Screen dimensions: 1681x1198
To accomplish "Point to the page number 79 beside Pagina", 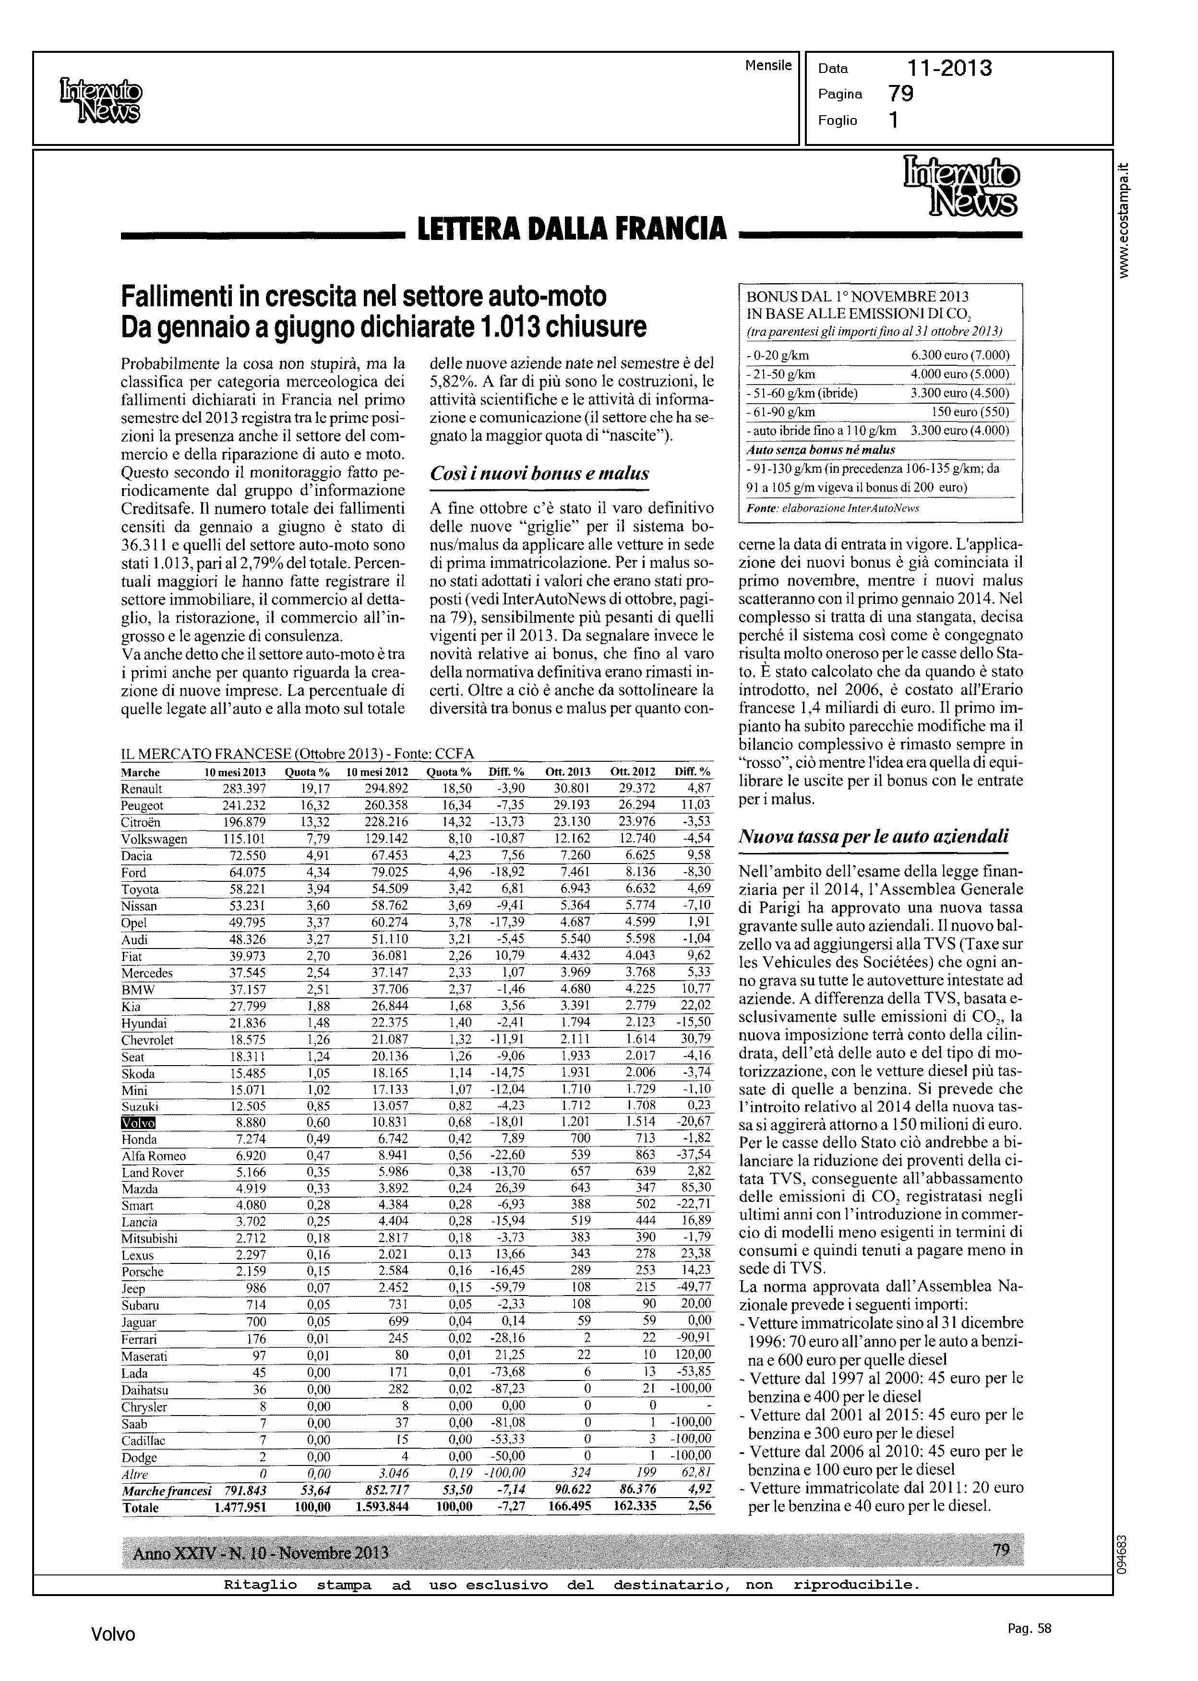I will pyautogui.click(x=901, y=94).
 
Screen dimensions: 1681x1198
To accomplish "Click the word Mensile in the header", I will pyautogui.click(x=768, y=65).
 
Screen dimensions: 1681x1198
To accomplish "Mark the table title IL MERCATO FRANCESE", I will pyautogui.click(x=206, y=754).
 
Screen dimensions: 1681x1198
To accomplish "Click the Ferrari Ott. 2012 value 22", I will pyautogui.click(x=649, y=1338).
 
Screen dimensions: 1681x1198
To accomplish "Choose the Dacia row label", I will pyautogui.click(x=137, y=856).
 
